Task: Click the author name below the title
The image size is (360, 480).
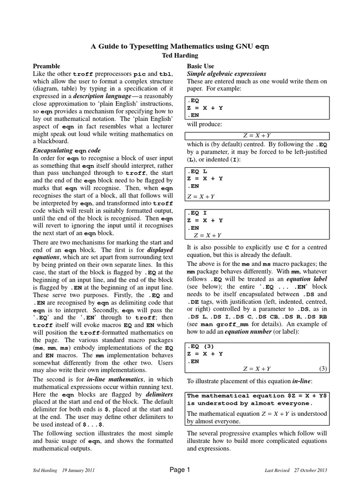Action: (x=180, y=55)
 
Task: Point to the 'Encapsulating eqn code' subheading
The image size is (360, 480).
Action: (x=66, y=151)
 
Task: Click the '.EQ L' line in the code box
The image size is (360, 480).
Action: (x=197, y=172)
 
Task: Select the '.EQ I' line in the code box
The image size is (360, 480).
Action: (x=197, y=213)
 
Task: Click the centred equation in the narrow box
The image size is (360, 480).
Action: (x=257, y=136)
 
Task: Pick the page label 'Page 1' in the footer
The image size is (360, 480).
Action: (x=180, y=470)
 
